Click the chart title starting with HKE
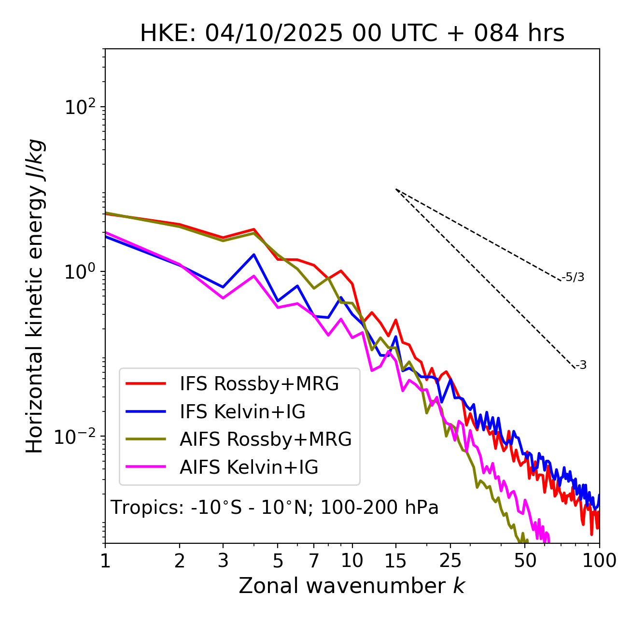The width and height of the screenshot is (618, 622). coord(352,34)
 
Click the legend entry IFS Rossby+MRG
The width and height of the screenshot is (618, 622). coord(259,383)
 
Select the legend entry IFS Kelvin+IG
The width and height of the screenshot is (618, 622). coord(242,411)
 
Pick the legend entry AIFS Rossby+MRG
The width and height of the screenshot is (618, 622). coord(266,439)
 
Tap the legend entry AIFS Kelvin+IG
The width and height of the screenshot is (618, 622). coord(249,467)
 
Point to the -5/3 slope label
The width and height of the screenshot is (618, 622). coord(573,277)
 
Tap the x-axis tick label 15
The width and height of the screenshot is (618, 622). coord(395,561)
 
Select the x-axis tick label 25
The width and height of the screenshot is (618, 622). coord(450,561)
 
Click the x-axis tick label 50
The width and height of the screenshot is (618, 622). coord(525,561)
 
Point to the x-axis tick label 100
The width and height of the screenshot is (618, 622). coord(599,561)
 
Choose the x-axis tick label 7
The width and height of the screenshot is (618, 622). coord(314,561)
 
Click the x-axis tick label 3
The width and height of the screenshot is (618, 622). coord(223,561)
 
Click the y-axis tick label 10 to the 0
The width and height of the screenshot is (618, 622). coord(80,271)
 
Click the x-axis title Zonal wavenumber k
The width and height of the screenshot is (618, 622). coord(352,585)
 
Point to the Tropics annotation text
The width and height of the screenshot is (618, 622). coord(274,508)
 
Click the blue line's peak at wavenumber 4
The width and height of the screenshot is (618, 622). coord(254,254)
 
